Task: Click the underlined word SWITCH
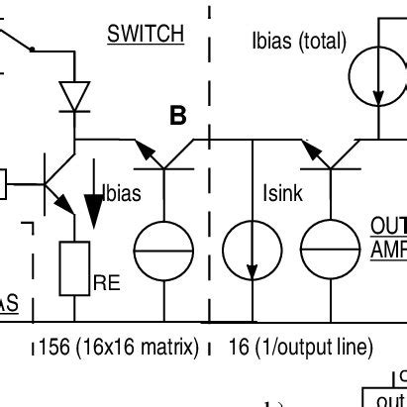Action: (146, 34)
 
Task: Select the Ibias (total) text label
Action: (299, 42)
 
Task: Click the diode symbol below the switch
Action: (75, 95)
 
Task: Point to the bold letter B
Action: (177, 117)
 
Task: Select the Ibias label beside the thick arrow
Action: (121, 195)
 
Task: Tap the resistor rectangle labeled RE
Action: (76, 267)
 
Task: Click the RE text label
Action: (106, 283)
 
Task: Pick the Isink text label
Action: (282, 195)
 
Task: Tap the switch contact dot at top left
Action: (33, 48)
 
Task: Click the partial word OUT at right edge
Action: (388, 227)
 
